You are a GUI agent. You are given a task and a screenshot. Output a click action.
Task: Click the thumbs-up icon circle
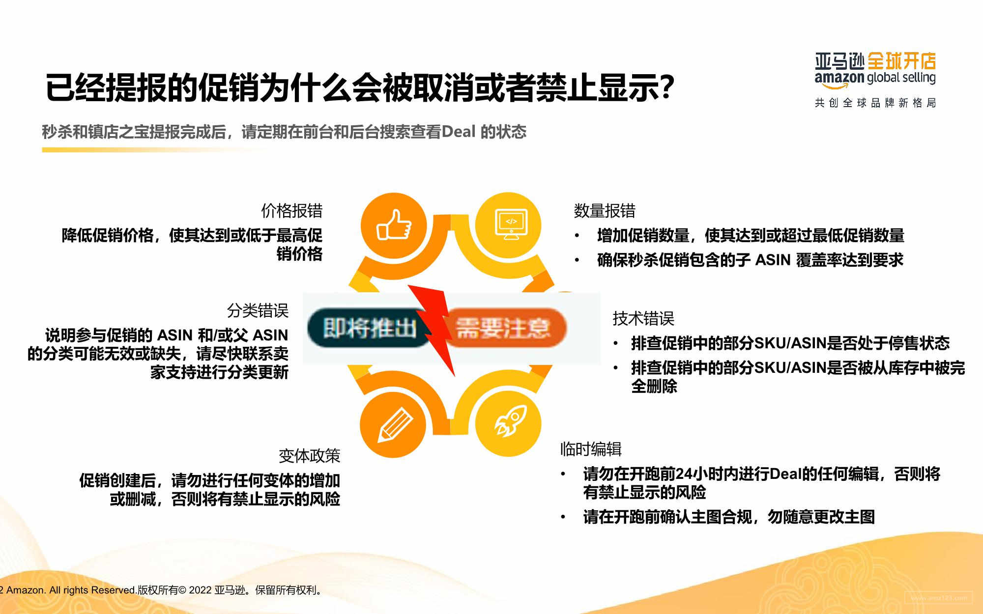click(394, 225)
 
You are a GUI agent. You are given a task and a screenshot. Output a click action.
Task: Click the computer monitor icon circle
click(509, 225)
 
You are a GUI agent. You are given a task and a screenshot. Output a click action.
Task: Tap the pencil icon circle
click(394, 424)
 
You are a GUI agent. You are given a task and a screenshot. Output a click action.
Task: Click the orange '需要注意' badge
click(504, 328)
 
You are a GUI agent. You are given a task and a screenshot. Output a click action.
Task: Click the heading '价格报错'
click(292, 211)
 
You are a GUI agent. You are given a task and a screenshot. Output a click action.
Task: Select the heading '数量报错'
click(605, 211)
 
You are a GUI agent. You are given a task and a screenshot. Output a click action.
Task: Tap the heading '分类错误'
click(258, 310)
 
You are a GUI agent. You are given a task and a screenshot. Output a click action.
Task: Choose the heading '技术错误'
click(643, 318)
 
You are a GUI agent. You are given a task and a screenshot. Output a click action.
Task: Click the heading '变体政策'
click(309, 456)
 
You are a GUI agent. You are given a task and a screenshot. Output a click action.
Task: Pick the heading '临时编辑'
click(591, 449)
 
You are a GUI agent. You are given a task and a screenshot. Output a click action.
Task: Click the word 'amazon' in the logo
click(839, 78)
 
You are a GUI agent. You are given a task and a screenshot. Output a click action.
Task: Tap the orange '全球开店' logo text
click(901, 61)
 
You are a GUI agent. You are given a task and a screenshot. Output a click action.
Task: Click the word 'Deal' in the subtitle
click(459, 132)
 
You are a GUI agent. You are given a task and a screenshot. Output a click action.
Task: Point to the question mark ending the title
click(666, 87)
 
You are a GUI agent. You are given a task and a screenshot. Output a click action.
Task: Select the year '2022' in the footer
click(200, 590)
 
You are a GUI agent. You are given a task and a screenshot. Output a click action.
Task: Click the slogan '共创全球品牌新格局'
click(875, 103)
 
